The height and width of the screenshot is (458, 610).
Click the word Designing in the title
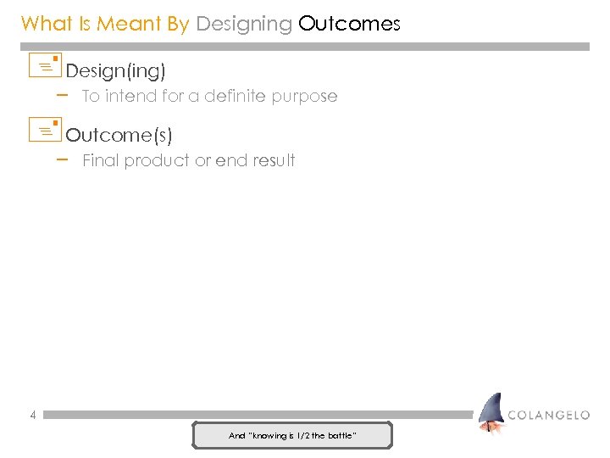(244, 24)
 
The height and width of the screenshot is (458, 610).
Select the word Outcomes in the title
(349, 24)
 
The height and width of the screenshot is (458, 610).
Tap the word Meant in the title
(130, 24)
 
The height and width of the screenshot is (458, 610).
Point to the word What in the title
(46, 24)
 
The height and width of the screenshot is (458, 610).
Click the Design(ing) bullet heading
(115, 70)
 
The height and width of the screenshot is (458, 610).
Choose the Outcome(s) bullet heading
(119, 135)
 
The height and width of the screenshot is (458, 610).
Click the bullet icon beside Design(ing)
(45, 65)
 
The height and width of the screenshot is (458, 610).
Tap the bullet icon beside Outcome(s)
(45, 130)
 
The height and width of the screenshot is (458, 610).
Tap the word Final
(101, 161)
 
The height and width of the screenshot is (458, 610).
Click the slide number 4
(32, 416)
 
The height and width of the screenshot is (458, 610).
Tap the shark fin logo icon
(491, 413)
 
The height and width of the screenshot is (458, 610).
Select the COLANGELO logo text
(548, 416)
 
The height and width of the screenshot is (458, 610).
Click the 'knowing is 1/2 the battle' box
(292, 435)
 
